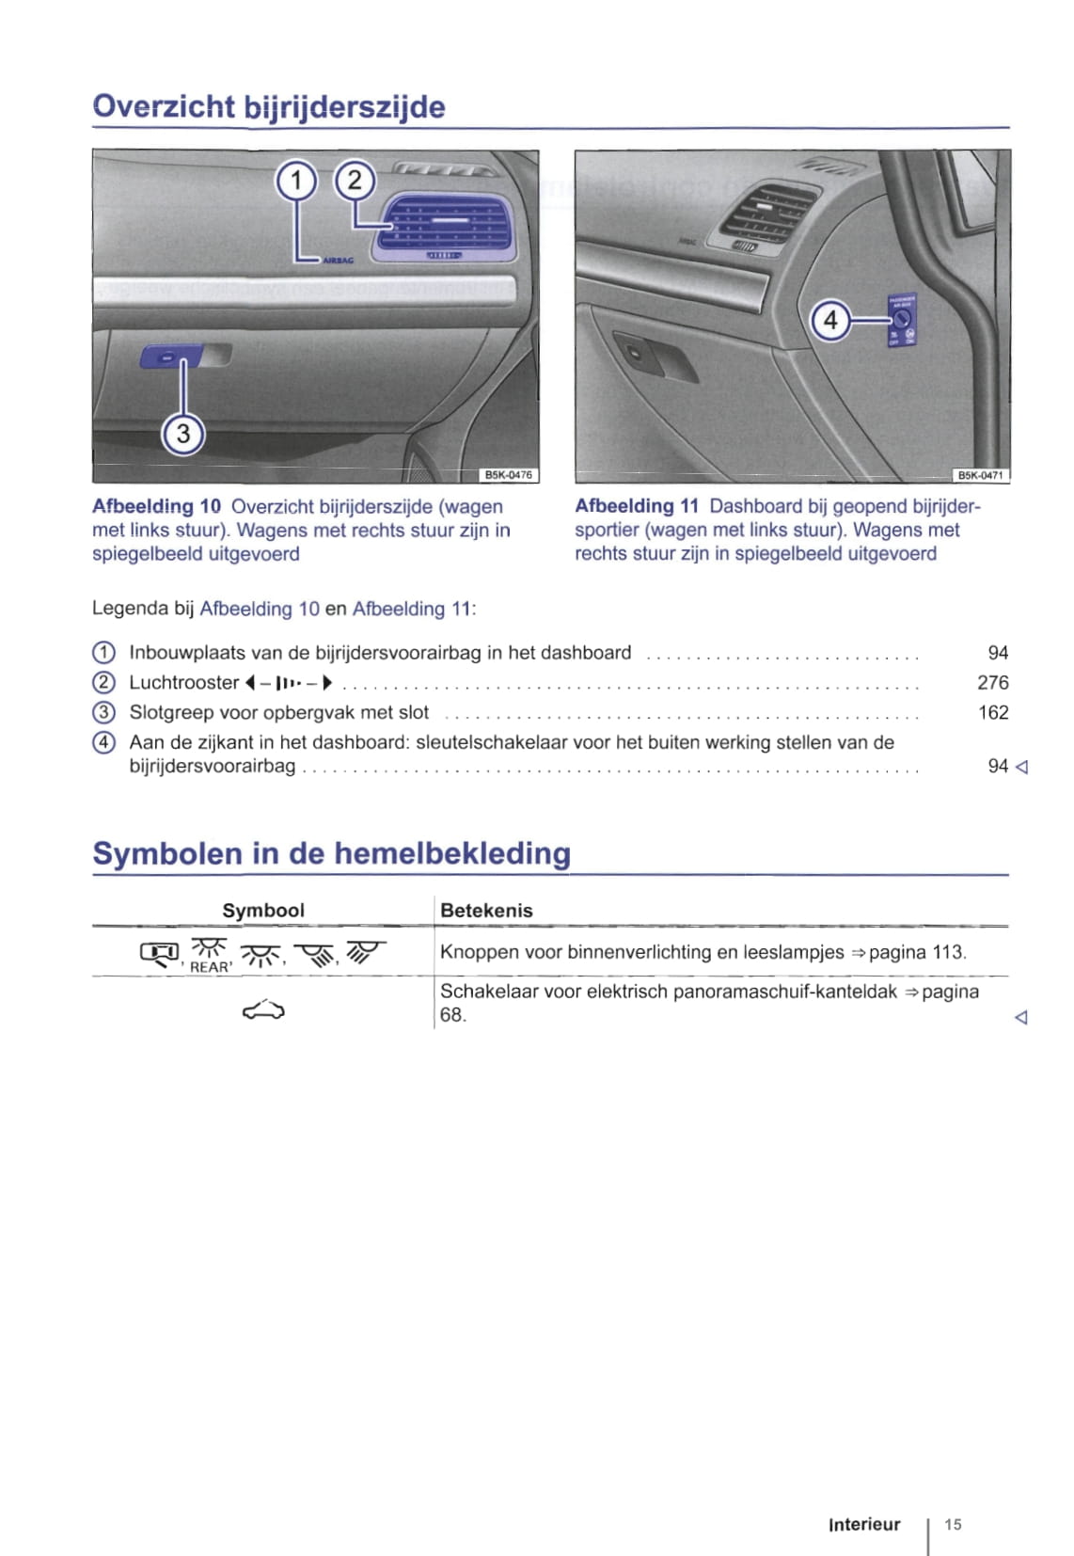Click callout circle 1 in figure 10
(x=297, y=181)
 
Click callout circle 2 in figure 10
(x=355, y=181)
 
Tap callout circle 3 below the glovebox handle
(x=183, y=434)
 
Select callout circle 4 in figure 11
(x=830, y=321)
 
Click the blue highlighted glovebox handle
(x=171, y=357)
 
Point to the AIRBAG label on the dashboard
(x=339, y=261)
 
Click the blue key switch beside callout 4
(x=903, y=321)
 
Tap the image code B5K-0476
(x=509, y=475)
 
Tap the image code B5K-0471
(x=981, y=476)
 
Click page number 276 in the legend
(x=993, y=683)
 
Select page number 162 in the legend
(x=993, y=713)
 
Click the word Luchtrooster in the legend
(x=184, y=683)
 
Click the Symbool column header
(x=263, y=911)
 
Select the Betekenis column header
(x=486, y=911)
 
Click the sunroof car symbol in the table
(x=263, y=1010)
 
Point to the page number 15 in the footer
(x=953, y=1525)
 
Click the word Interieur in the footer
(x=864, y=1525)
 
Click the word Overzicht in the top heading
(x=164, y=107)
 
